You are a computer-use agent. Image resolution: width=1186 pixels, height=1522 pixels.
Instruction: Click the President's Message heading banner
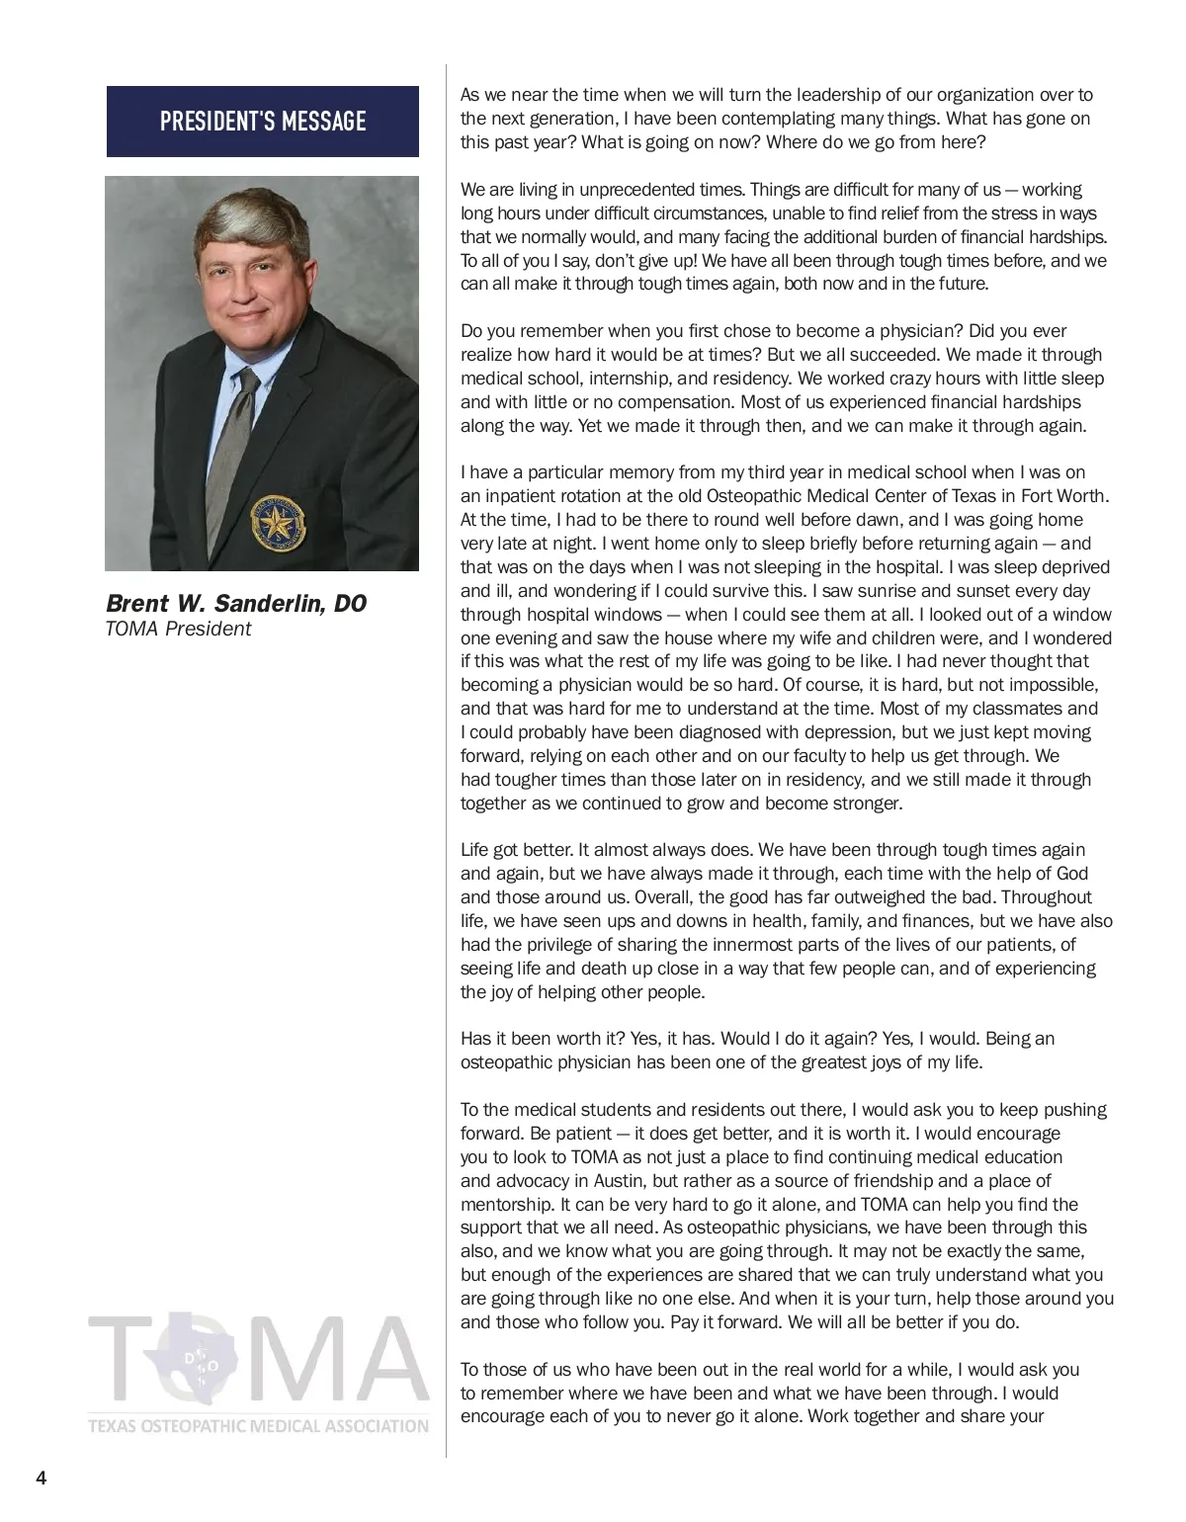[263, 122]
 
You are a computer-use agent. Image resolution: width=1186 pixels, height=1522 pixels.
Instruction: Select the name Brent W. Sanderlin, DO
[236, 604]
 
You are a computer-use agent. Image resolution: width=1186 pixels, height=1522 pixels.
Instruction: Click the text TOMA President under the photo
[178, 630]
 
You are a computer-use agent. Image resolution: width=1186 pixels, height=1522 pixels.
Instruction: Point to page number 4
[41, 1480]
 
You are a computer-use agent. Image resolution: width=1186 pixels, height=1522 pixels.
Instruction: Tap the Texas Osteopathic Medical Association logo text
[258, 1426]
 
